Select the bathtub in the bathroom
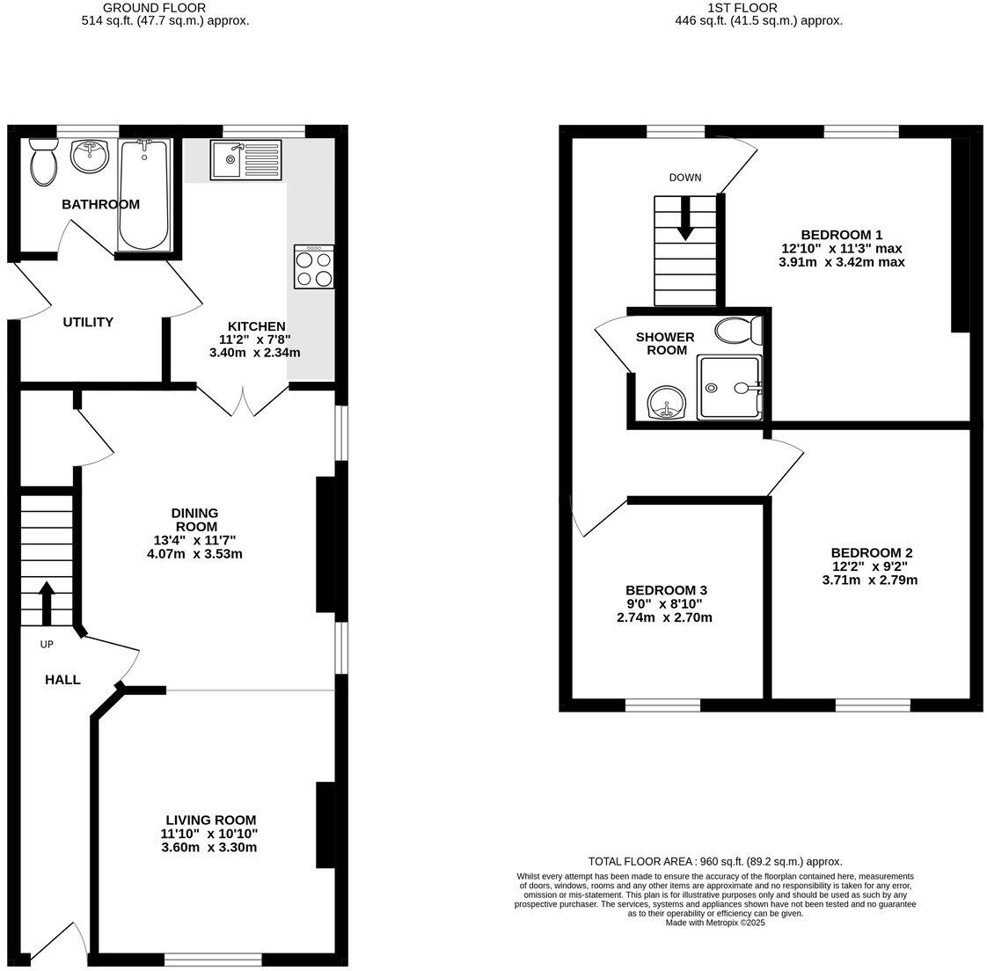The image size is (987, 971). [144, 194]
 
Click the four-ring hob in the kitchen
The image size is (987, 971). [314, 266]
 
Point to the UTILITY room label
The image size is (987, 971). [88, 322]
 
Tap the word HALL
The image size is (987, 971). [63, 679]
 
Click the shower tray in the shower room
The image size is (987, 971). [728, 387]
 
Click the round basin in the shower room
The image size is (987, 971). [668, 405]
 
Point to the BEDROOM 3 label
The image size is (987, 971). [666, 590]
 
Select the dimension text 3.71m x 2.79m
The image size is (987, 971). [869, 580]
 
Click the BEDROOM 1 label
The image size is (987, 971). [841, 235]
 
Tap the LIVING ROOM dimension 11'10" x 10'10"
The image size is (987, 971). [208, 833]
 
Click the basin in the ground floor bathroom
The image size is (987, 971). [89, 157]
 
